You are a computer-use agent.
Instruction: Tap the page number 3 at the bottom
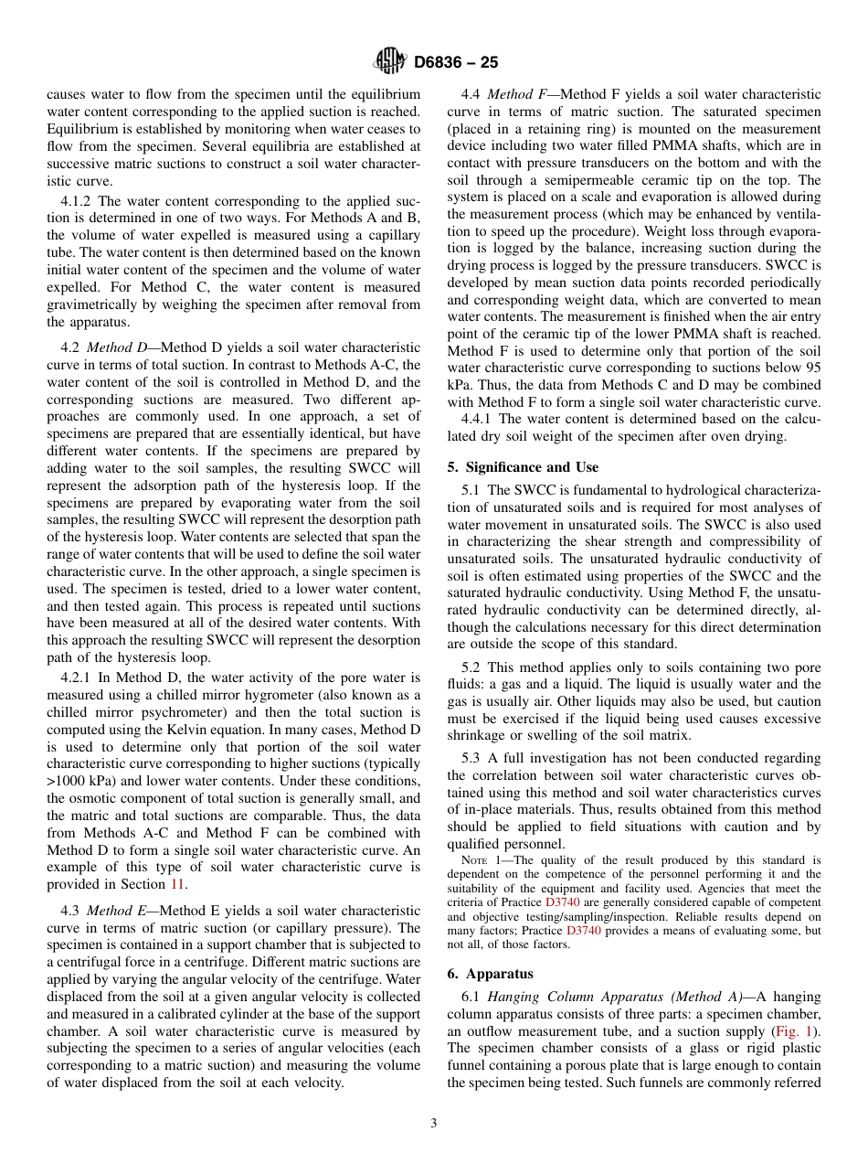coord(434,1123)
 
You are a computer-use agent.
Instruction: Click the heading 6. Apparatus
coord(491,974)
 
